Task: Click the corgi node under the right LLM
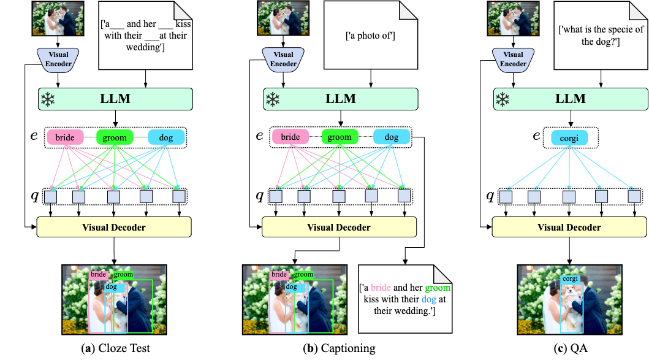[569, 137]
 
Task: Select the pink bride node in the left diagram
[65, 137]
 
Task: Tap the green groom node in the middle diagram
[340, 137]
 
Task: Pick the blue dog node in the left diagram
[166, 137]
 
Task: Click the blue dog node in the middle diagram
[392, 137]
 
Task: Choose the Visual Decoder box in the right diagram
[569, 228]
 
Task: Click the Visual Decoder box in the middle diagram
[339, 228]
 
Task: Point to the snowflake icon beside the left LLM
[48, 99]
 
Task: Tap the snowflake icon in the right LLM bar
[503, 99]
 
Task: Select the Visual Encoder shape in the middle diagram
[283, 59]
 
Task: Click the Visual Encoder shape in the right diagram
[513, 59]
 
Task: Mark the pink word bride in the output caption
[381, 288]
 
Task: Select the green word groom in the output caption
[438, 288]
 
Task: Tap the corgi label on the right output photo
[571, 278]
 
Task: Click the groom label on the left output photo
[123, 275]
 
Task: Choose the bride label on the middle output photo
[279, 275]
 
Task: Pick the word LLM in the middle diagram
[340, 99]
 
